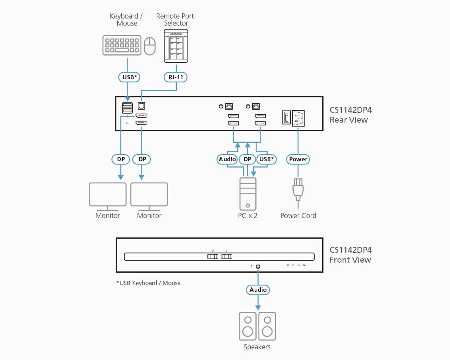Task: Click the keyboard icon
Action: (122, 45)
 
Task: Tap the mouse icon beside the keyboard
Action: (150, 46)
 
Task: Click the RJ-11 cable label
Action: (176, 77)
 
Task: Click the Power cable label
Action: (298, 159)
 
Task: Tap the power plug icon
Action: (298, 187)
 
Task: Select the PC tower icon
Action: (247, 194)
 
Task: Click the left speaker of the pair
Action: (248, 326)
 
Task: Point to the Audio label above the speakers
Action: (258, 289)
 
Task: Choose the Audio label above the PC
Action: (227, 159)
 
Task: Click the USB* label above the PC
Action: (266, 159)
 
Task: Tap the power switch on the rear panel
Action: (287, 118)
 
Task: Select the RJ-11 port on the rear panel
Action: (141, 106)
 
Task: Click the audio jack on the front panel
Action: (258, 267)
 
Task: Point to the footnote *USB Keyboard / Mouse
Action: (148, 283)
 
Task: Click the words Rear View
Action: (349, 120)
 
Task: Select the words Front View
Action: (350, 260)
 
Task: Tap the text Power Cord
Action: (298, 216)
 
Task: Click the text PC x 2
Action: (247, 216)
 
